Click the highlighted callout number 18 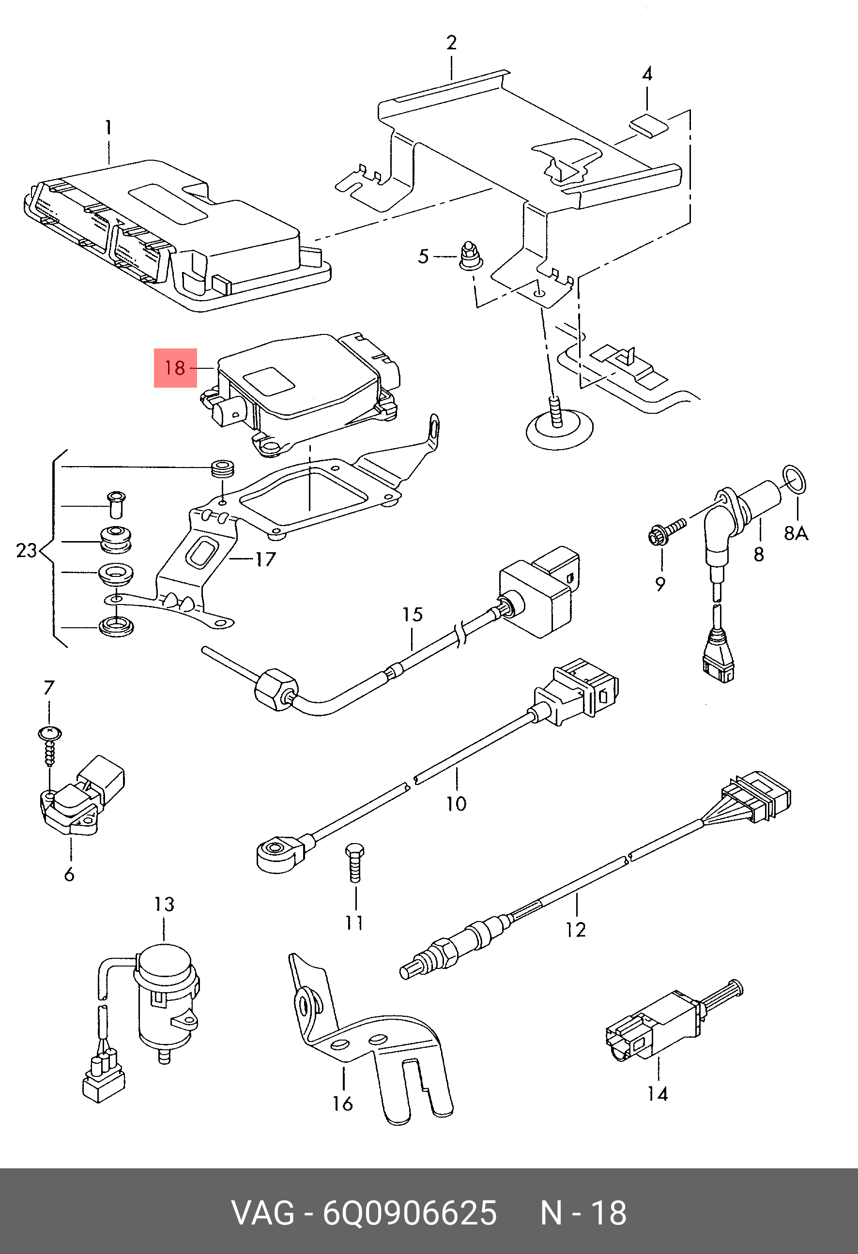[175, 368]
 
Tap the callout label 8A [796, 534]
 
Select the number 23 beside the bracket [26, 550]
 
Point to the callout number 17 [265, 559]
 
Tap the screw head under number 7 [50, 733]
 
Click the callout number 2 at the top [451, 43]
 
